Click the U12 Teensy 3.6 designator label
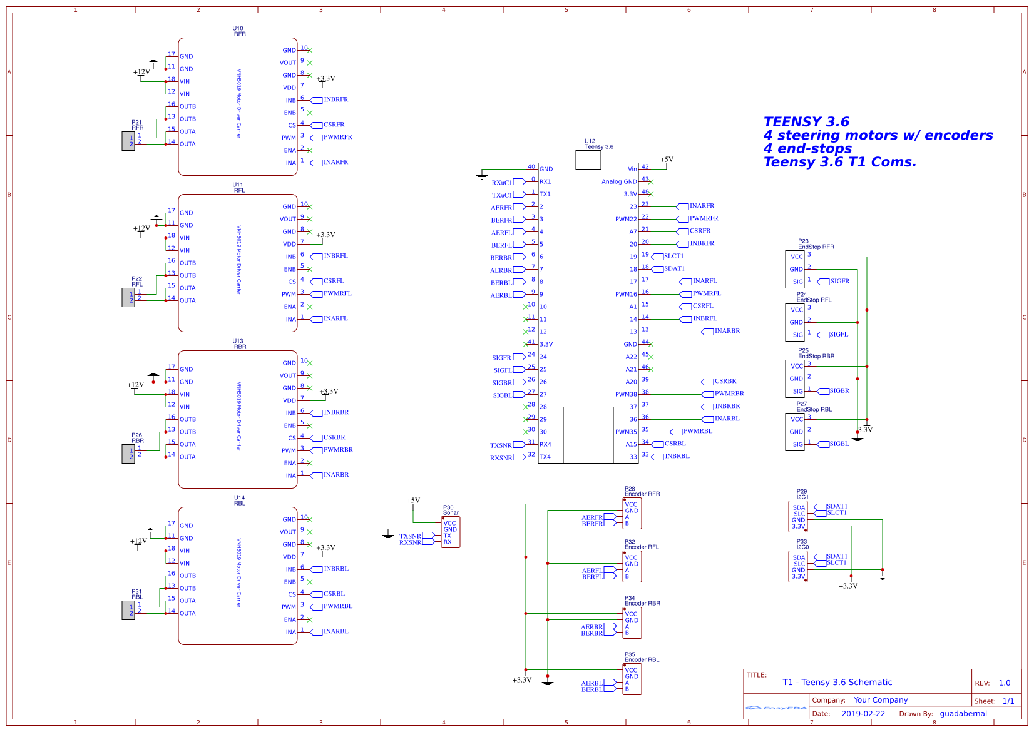(590, 141)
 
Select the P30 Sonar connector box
(451, 532)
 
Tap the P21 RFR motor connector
(128, 141)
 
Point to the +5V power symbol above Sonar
(413, 501)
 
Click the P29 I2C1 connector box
(798, 517)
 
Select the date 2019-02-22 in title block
(863, 714)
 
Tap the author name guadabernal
(963, 714)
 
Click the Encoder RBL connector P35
(632, 679)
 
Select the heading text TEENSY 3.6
(806, 122)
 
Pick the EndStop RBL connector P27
(795, 432)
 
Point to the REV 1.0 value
(1004, 683)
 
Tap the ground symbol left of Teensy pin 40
(481, 176)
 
